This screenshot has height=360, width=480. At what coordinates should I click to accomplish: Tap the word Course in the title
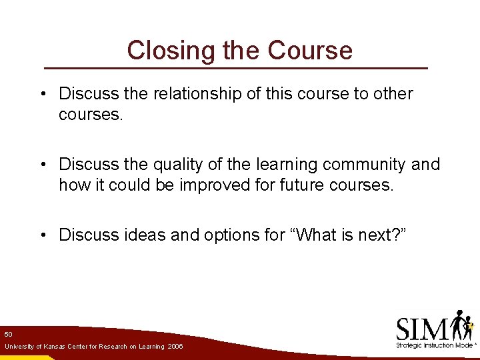click(x=310, y=51)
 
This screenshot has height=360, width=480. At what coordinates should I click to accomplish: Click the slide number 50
click(x=8, y=333)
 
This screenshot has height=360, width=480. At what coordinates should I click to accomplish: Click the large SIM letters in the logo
click(x=422, y=329)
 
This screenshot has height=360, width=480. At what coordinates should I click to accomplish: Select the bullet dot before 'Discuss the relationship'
click(x=43, y=95)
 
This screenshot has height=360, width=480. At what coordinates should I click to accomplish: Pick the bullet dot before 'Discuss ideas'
click(x=43, y=235)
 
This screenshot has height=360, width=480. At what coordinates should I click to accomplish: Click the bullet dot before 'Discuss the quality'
click(x=43, y=165)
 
